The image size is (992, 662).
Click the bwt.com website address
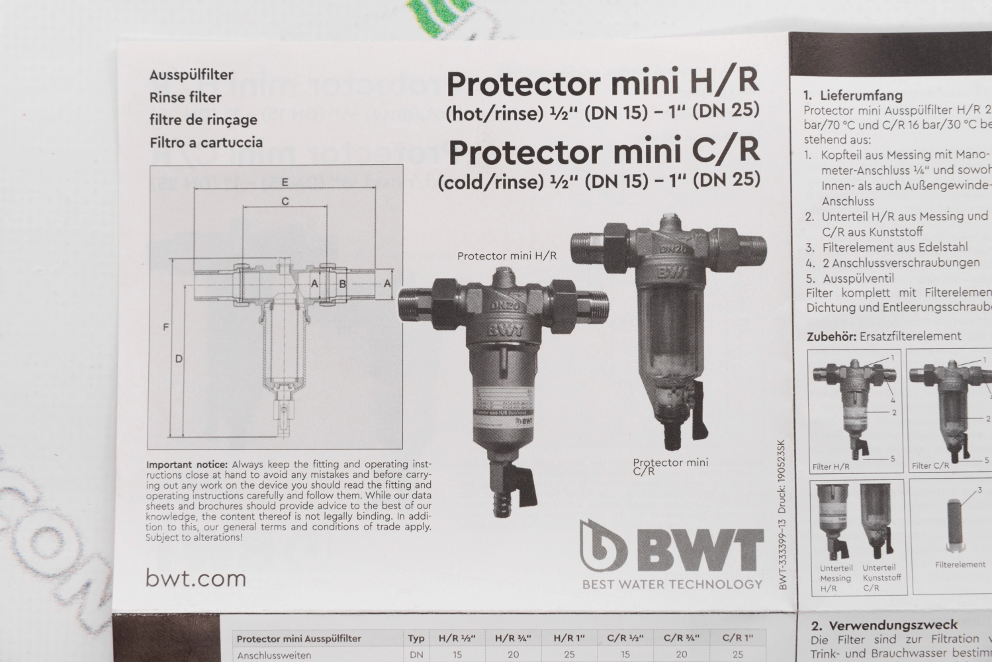(196, 578)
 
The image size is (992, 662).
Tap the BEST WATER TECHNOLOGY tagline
(672, 584)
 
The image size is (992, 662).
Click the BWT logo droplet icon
(603, 545)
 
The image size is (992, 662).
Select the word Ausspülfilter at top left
(191, 75)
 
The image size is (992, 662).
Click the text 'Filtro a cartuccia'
(206, 142)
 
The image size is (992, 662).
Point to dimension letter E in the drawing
(285, 181)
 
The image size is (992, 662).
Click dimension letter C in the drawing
(285, 201)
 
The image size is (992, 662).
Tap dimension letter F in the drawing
(166, 327)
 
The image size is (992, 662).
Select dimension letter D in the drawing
(179, 359)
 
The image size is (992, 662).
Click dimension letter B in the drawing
(343, 284)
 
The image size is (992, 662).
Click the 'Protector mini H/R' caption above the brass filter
(507, 256)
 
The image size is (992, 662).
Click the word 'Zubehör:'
(831, 336)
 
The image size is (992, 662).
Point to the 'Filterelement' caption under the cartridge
(960, 565)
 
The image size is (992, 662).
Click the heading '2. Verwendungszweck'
(883, 625)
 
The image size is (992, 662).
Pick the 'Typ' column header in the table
(416, 638)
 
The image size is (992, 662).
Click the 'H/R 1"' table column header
(569, 638)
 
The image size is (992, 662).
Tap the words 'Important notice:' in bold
(187, 465)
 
